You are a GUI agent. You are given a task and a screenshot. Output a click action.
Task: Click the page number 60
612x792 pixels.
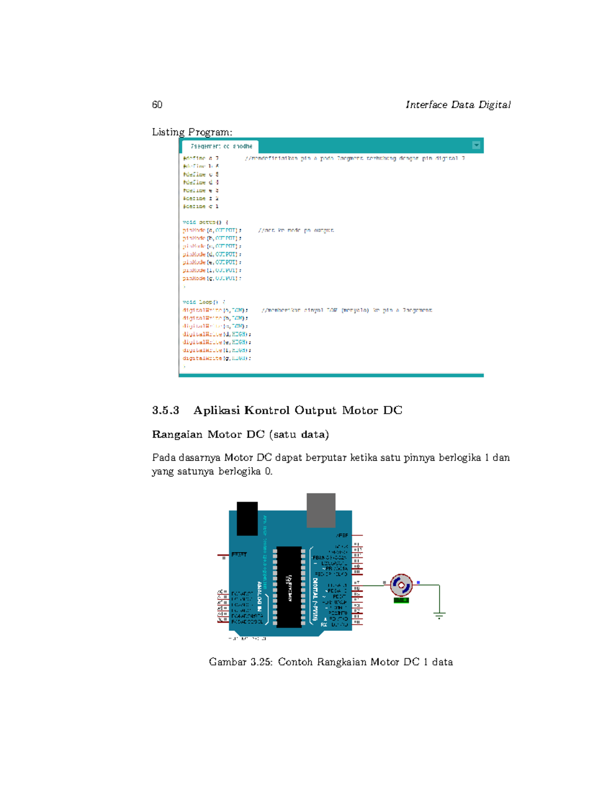click(x=157, y=105)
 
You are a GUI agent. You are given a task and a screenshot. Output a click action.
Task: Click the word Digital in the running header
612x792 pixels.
click(x=494, y=105)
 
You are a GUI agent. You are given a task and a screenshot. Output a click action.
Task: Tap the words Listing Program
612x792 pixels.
click(x=192, y=132)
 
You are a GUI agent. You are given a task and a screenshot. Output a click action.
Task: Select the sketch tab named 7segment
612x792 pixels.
click(x=221, y=146)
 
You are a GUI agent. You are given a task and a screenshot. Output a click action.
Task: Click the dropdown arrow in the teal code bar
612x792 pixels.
click(x=476, y=145)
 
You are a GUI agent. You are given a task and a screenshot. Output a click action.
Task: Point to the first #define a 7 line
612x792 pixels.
click(x=201, y=159)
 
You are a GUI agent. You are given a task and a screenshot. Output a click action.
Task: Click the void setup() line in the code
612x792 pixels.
click(x=206, y=222)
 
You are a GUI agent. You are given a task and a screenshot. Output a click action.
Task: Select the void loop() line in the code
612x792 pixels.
click(x=203, y=302)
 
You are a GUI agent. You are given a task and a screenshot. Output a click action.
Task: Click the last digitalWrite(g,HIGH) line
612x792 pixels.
click(x=217, y=359)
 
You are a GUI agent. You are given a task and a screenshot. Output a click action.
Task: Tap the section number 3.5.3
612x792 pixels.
click(x=166, y=411)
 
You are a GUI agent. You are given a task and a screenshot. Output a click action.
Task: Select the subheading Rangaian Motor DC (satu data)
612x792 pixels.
click(x=240, y=435)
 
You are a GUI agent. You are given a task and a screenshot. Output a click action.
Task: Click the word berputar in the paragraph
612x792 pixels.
click(x=326, y=457)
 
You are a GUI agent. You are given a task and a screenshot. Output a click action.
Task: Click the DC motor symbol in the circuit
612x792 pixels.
click(x=401, y=585)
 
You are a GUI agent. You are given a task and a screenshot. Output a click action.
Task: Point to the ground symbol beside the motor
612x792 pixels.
click(x=439, y=615)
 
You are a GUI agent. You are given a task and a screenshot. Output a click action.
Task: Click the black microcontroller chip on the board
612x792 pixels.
click(x=289, y=587)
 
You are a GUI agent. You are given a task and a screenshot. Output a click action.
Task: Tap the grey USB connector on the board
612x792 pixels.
click(x=321, y=510)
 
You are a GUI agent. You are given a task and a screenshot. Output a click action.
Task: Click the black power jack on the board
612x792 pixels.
click(x=247, y=518)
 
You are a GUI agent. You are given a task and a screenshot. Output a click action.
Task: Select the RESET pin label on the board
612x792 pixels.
click(x=239, y=554)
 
